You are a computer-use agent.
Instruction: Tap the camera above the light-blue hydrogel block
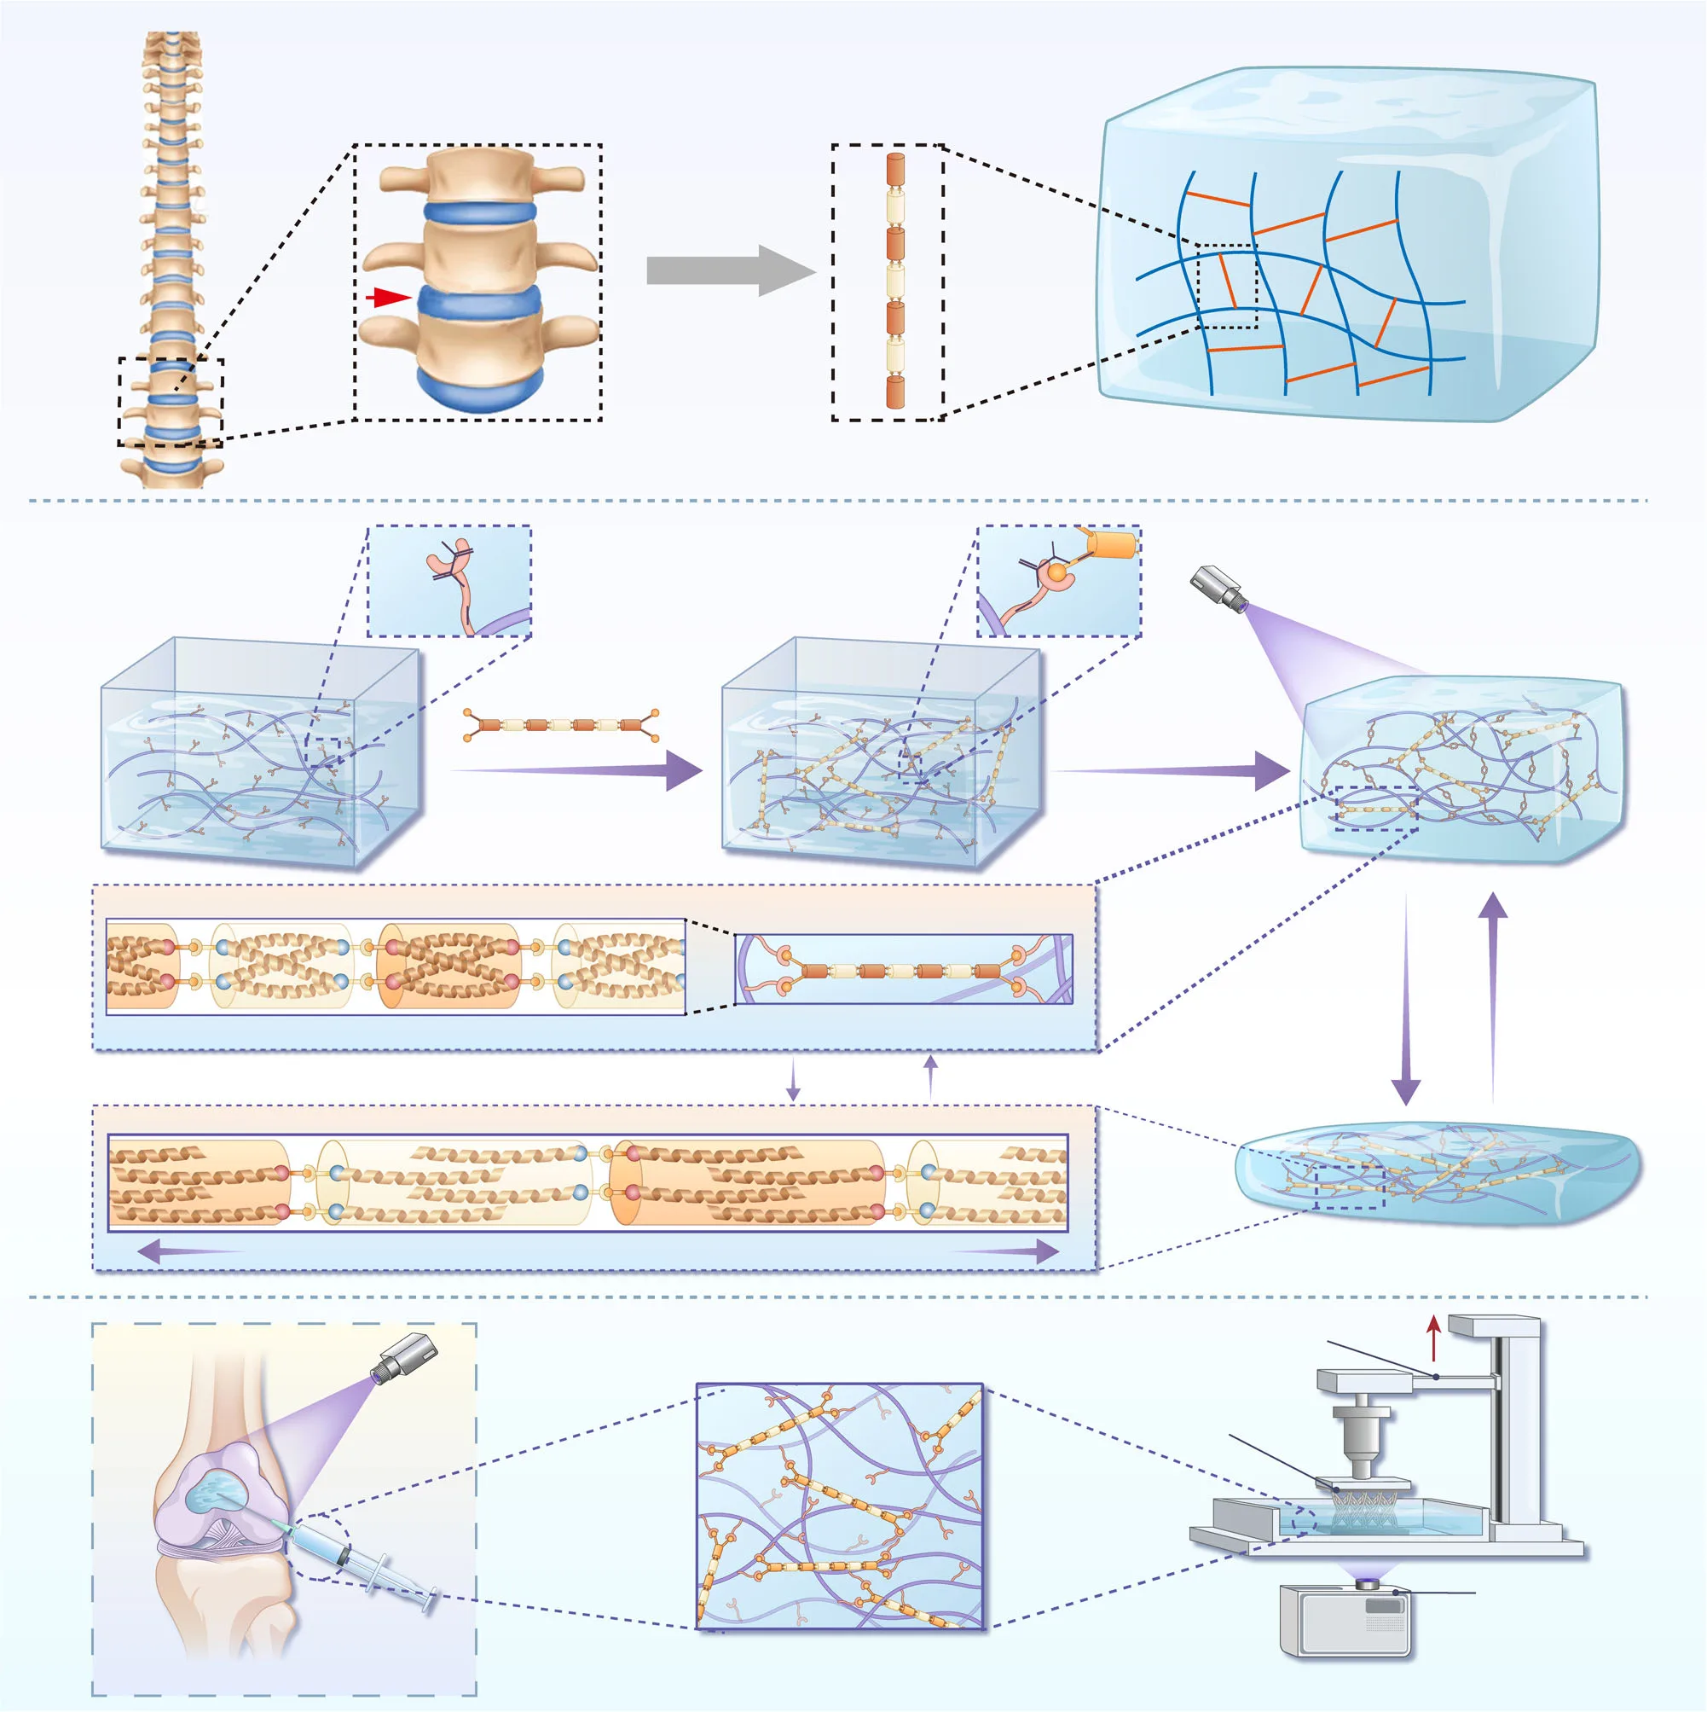point(1218,587)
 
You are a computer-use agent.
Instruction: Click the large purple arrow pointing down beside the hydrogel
point(1405,1001)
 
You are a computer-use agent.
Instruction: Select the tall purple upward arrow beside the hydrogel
point(1494,992)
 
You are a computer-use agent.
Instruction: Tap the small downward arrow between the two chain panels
point(793,1078)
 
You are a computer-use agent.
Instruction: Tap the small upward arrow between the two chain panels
point(929,1076)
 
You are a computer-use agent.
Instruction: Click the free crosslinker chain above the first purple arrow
point(562,725)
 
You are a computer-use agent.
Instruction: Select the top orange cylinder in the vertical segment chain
point(894,169)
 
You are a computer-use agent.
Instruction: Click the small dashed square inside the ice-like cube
point(1226,287)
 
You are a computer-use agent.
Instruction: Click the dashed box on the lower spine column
point(171,403)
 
